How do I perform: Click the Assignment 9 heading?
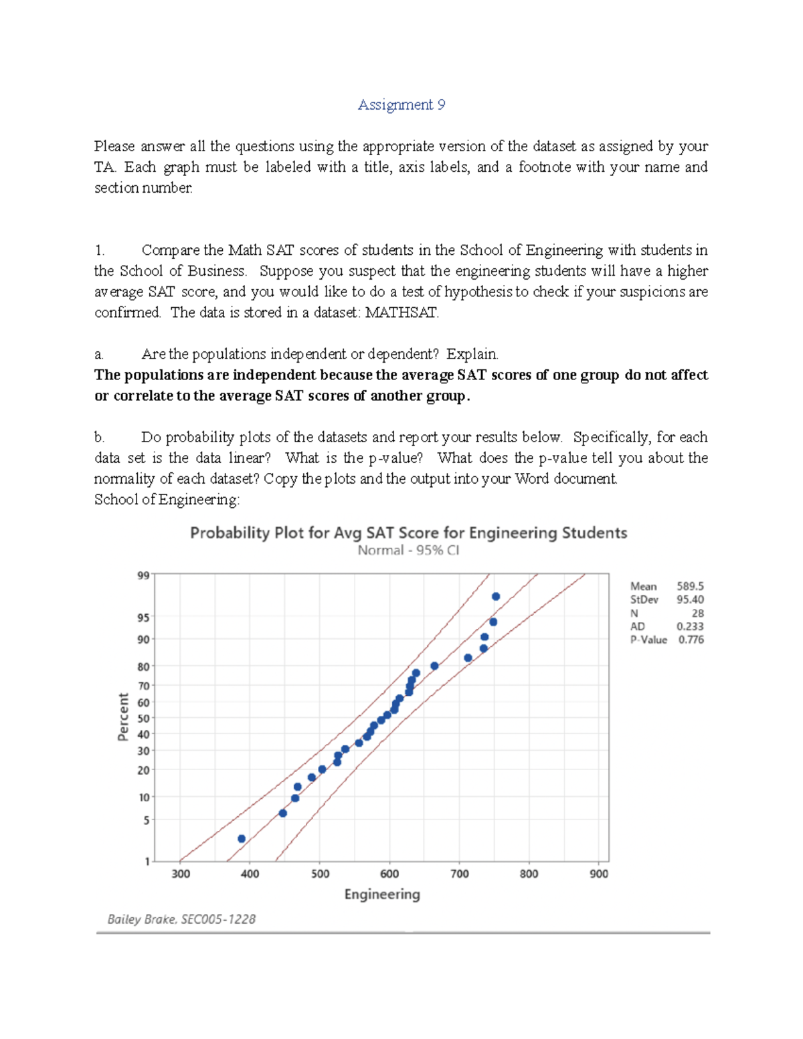pos(401,105)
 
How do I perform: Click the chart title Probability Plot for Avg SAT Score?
pos(408,533)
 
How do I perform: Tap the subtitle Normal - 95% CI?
pos(408,551)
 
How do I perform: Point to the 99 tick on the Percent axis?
pos(143,575)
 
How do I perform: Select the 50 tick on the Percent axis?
pos(143,719)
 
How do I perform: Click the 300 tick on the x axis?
pos(181,874)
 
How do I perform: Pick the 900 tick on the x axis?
pos(599,874)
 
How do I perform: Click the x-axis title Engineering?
pos(382,894)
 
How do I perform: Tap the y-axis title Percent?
pos(123,717)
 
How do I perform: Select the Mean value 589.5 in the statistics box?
pos(690,587)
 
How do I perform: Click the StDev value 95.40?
pos(690,600)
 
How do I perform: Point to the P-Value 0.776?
pos(691,640)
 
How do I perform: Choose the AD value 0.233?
pos(690,627)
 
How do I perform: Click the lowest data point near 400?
pos(242,839)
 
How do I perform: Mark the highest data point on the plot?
pos(496,596)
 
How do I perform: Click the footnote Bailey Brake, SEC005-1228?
pos(181,919)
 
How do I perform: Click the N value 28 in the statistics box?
pos(697,613)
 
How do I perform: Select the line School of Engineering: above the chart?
pos(167,500)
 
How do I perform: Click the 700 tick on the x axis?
pos(460,874)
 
